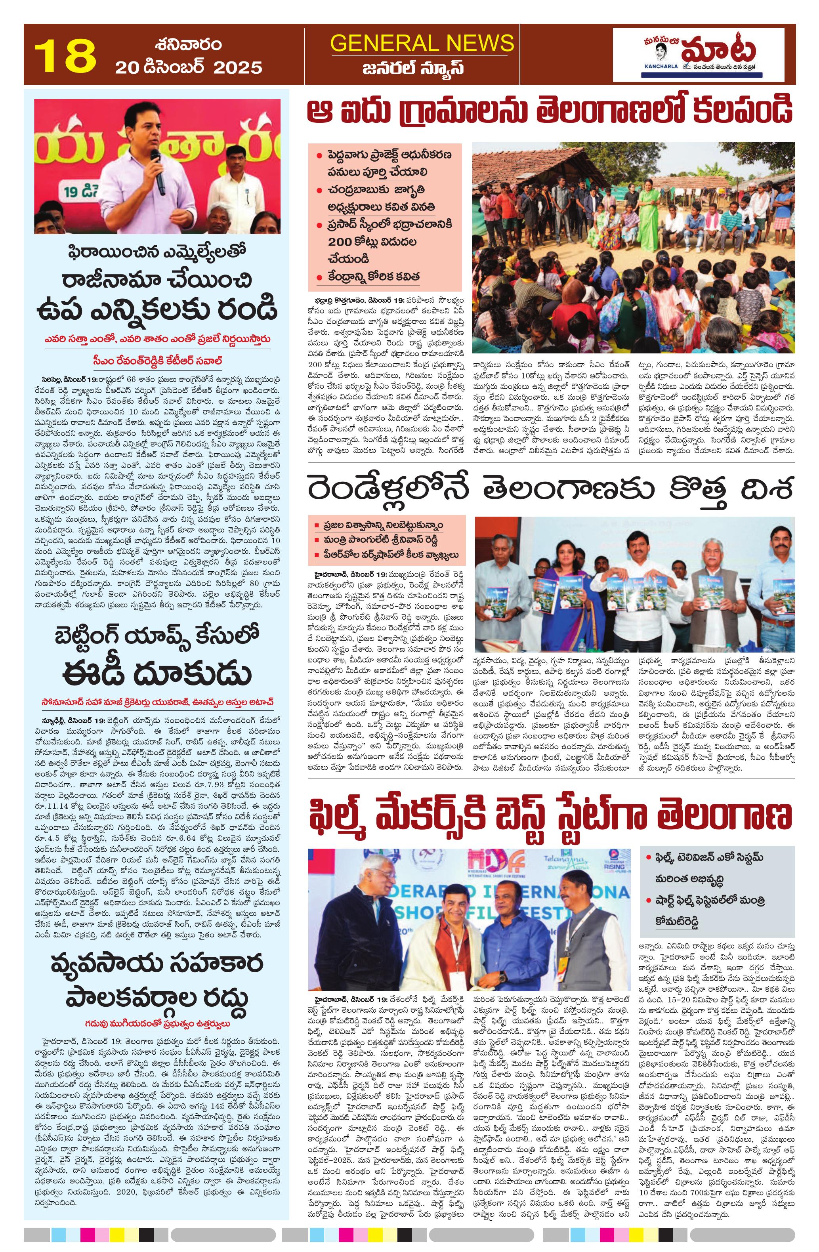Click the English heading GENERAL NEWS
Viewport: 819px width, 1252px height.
422,43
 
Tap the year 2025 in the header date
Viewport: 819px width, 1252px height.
238,68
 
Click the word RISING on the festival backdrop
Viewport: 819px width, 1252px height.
614,866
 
